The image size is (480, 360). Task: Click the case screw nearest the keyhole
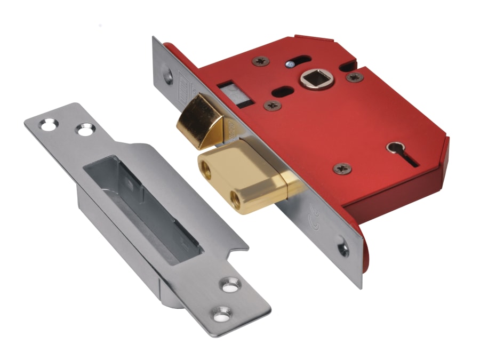pos(342,169)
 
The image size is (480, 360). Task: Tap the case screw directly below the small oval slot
pos(272,105)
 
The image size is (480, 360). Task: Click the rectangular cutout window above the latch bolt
pos(228,91)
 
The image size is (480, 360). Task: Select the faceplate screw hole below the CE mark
pos(341,246)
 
